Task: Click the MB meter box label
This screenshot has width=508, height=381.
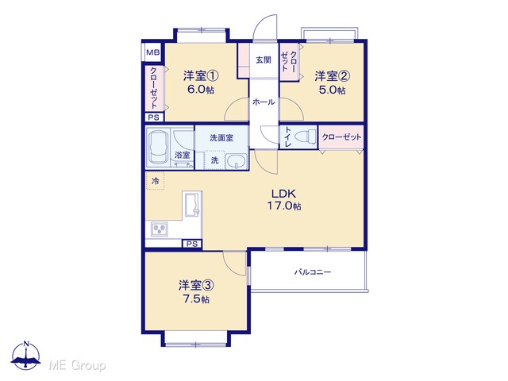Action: pos(153,52)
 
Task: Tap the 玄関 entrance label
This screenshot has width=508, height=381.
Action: pos(264,60)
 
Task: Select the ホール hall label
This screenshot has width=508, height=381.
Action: pos(264,102)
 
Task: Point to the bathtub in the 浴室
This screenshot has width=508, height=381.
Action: pos(158,148)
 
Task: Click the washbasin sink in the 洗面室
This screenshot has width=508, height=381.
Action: pos(236,161)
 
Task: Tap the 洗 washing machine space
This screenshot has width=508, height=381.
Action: pos(215,160)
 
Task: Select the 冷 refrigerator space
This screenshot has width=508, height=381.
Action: pos(156,181)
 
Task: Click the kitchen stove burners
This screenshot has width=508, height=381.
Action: pos(160,229)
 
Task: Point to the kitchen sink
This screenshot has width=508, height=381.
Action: pos(192,204)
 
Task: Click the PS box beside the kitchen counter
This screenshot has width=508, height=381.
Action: pos(192,244)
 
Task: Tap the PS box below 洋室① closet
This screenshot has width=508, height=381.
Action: pos(153,117)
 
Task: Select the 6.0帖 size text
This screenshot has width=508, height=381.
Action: pos(201,90)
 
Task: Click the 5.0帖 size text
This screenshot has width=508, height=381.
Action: pos(332,90)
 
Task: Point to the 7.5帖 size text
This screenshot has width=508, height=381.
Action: pos(196,299)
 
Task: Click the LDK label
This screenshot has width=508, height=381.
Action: pos(283,194)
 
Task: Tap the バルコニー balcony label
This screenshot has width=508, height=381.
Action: pos(313,271)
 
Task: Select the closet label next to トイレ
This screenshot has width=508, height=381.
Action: pos(341,137)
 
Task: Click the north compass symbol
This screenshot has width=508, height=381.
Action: pos(26,356)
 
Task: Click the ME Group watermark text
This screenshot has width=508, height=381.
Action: pos(77,365)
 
